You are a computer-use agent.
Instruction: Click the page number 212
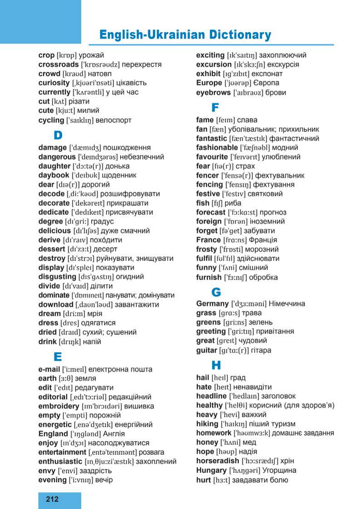tap(52, 499)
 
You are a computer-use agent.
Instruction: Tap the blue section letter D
tap(58, 136)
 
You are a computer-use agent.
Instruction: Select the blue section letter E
tap(58, 356)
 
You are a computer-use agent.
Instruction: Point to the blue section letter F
tap(215, 108)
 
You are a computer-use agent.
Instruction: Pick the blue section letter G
tap(216, 291)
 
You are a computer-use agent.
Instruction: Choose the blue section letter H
tap(216, 365)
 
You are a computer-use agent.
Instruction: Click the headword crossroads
tap(59, 64)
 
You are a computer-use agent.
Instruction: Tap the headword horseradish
tap(218, 461)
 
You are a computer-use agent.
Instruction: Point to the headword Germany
tap(212, 303)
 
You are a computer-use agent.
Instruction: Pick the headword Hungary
tap(212, 470)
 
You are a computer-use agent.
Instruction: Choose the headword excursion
tap(214, 64)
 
